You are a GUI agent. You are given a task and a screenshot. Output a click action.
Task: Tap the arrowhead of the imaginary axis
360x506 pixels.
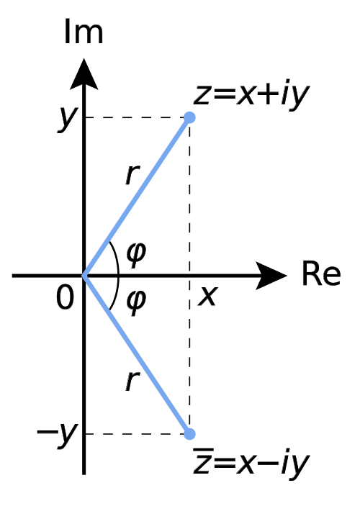tap(85, 73)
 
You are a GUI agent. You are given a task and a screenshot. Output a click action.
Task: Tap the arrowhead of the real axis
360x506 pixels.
tap(272, 275)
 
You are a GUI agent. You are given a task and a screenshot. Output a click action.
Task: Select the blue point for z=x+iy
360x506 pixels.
tap(189, 117)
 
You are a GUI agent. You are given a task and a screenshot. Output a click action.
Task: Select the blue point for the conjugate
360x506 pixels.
tap(189, 434)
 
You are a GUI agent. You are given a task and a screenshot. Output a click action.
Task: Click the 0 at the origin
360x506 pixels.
tap(65, 297)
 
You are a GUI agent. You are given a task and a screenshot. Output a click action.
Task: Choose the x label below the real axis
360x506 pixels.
tap(207, 295)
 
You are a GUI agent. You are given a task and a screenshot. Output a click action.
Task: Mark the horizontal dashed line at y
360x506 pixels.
tap(137, 117)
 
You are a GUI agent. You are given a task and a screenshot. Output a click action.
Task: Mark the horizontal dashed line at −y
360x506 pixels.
tap(137, 434)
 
